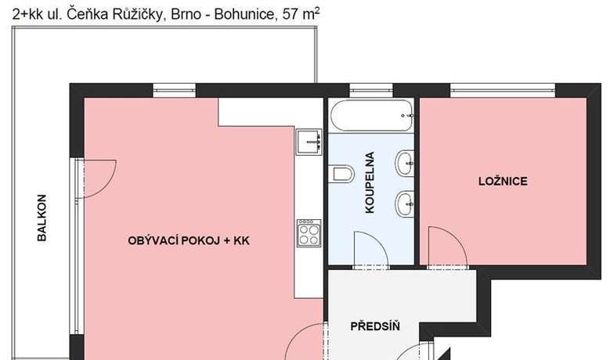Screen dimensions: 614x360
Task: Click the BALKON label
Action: point(42,218)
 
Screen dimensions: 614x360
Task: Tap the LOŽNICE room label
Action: point(503,182)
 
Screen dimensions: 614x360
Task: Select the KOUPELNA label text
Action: point(370,182)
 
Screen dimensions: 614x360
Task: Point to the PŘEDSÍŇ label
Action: point(374,326)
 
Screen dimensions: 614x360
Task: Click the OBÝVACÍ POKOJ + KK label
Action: point(189,240)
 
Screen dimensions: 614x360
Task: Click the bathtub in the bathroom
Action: point(371,115)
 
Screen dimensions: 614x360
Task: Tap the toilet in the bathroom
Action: point(343,174)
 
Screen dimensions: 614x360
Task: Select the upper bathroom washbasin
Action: point(404,163)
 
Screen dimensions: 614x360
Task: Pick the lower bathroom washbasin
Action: point(404,203)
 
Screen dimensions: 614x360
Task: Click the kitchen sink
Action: point(309,142)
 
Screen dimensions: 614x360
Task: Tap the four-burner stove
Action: point(309,233)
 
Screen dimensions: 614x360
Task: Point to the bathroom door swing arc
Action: point(378,239)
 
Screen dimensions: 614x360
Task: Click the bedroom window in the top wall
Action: point(503,91)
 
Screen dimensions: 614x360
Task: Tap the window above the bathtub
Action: point(371,91)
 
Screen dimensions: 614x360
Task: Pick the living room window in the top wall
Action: point(174,91)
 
